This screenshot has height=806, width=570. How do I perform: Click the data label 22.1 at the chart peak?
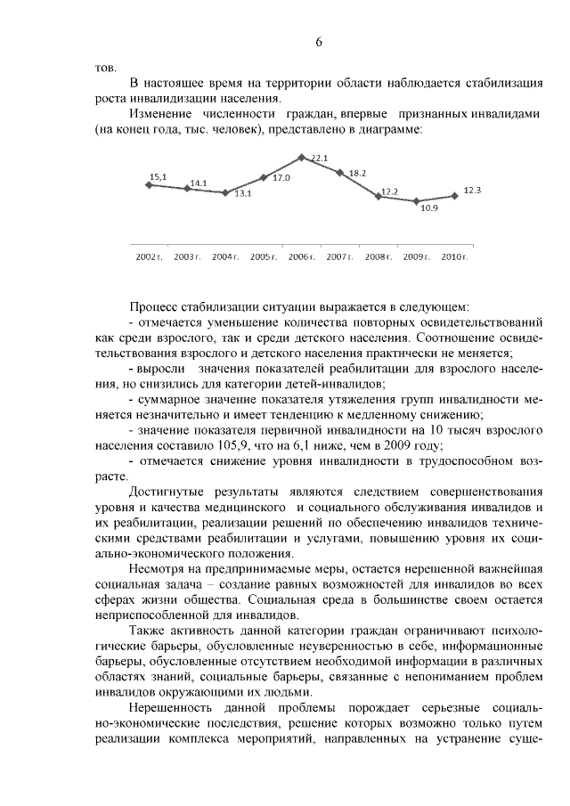[x=321, y=159]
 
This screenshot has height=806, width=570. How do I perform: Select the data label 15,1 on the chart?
[x=158, y=176]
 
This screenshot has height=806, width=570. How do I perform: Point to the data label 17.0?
[x=281, y=178]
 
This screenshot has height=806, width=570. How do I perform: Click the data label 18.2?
[x=358, y=173]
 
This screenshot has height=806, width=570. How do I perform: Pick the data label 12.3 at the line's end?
[x=473, y=191]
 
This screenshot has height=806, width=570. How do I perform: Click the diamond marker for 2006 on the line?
[x=302, y=158]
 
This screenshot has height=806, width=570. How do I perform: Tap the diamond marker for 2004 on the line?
[x=225, y=192]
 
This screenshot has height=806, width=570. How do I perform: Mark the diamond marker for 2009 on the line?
[x=416, y=201]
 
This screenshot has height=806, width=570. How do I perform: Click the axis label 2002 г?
[x=148, y=256]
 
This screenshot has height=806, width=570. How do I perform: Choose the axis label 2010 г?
[x=455, y=256]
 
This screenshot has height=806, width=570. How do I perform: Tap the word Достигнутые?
[x=169, y=492]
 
